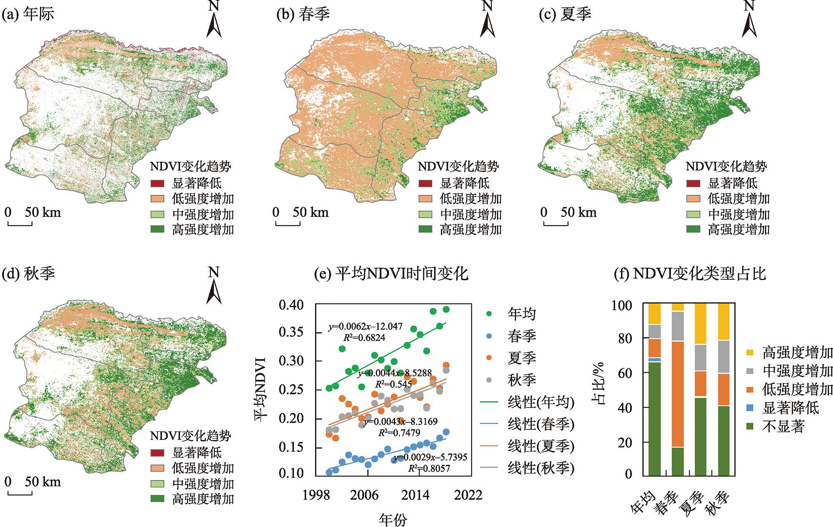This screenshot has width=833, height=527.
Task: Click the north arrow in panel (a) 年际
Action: tap(214, 21)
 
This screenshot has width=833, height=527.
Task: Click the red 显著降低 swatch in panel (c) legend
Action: tap(693, 183)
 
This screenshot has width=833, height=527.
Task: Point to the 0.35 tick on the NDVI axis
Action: tap(291, 333)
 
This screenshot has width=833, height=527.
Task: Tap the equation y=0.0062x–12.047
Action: tap(366, 326)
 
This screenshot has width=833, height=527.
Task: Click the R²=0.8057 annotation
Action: tap(429, 469)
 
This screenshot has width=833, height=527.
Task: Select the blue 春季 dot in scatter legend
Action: tap(489, 336)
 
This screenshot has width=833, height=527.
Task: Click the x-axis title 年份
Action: tap(393, 519)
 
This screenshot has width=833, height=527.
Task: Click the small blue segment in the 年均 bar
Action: tap(654, 359)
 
